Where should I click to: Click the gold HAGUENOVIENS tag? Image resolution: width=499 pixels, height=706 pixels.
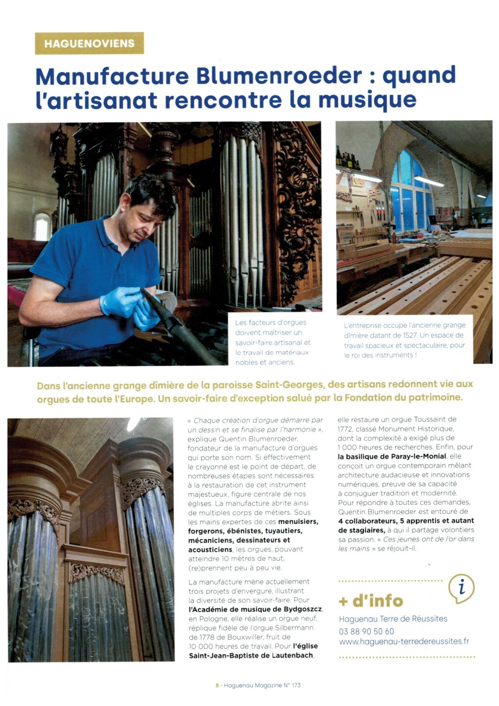pos(89,43)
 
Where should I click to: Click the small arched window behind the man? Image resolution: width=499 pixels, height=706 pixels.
pos(42,226)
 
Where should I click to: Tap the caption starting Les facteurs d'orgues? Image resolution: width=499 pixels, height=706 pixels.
pos(273,342)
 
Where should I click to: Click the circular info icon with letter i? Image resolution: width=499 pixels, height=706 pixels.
pos(462,588)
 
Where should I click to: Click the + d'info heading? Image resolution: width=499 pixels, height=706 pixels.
pos(371,601)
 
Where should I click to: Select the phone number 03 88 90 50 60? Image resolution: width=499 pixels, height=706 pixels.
pos(366,631)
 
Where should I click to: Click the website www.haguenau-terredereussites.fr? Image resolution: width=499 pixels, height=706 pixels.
pos(404,641)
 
